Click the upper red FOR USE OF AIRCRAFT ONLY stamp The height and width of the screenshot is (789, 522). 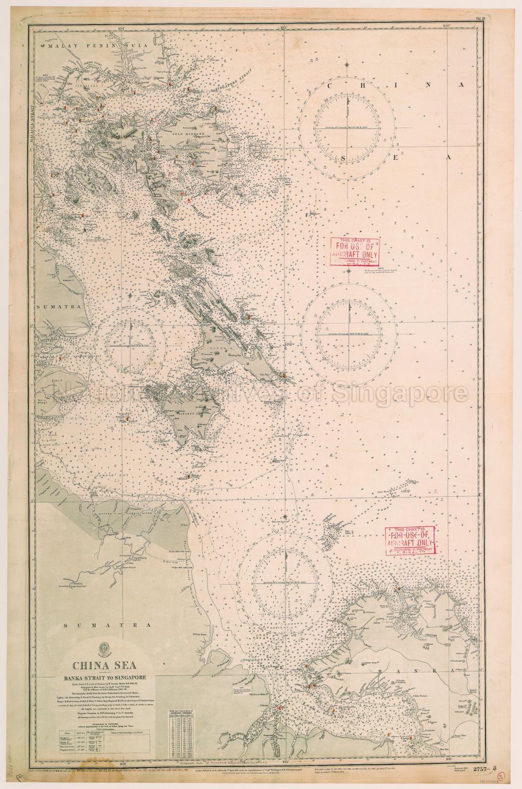click(356, 251)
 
